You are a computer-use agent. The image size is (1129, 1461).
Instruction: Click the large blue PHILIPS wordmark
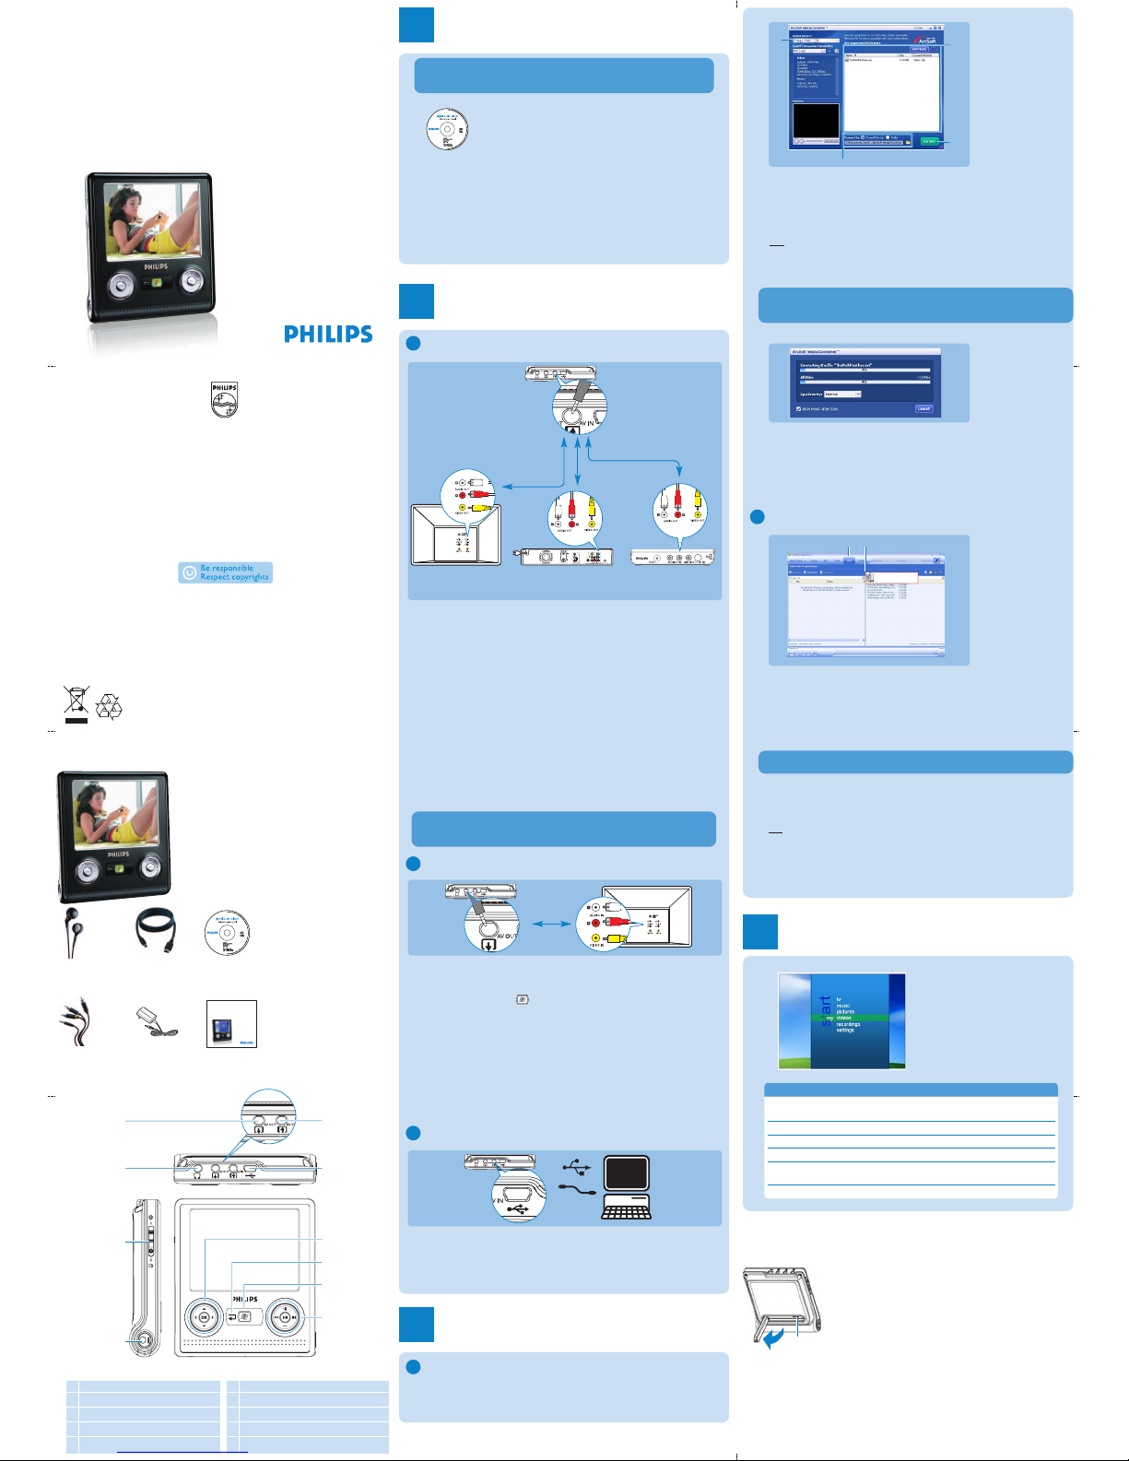tap(328, 334)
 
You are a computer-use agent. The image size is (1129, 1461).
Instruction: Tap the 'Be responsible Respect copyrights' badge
tap(225, 572)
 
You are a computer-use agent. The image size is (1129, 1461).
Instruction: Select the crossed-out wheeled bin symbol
tap(76, 703)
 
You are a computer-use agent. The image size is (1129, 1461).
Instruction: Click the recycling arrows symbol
tap(109, 707)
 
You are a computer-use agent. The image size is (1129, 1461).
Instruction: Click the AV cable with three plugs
tap(74, 1022)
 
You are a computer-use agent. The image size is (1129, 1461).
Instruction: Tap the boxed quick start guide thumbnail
tap(231, 1023)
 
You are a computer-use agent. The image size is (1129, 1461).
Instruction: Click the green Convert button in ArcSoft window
tap(929, 141)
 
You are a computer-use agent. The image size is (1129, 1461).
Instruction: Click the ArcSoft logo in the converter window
tap(924, 41)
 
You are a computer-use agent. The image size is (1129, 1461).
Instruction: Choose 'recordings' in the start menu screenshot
tap(848, 1024)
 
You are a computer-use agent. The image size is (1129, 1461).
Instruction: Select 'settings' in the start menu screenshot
tap(845, 1031)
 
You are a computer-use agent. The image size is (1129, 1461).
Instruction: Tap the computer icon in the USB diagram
tap(627, 1186)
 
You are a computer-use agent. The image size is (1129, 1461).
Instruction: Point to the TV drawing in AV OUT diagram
tap(646, 916)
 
